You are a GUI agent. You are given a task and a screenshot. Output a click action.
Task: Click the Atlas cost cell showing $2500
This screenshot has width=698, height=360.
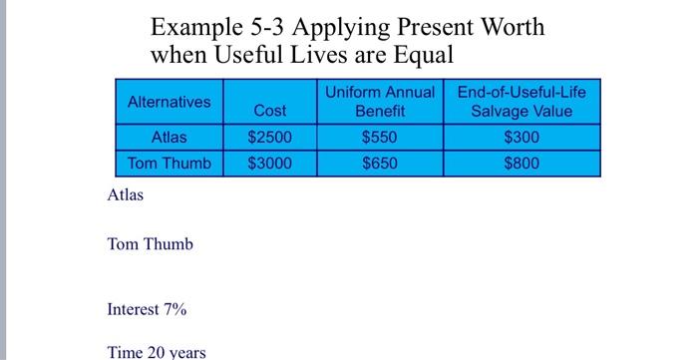point(269,137)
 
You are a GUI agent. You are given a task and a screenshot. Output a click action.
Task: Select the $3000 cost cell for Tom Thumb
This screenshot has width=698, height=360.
point(269,163)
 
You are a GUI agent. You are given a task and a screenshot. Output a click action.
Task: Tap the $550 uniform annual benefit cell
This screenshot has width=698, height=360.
point(379,137)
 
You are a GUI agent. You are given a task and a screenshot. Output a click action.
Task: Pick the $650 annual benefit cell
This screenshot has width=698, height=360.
point(379,163)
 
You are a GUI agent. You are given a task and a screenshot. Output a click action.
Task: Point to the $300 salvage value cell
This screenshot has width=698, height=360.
point(522,137)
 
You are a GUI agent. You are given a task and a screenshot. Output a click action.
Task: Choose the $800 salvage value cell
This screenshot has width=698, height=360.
point(522,163)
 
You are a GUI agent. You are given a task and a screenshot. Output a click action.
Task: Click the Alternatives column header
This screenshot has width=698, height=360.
point(170,102)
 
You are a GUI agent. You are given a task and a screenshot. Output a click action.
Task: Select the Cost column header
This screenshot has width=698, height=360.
point(269,111)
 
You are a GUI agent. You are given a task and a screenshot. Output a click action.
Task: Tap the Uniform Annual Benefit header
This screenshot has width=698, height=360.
point(379,102)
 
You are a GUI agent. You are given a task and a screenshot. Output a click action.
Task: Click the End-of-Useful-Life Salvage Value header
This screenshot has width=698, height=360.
point(522,102)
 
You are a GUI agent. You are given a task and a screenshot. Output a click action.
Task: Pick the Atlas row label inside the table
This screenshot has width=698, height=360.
point(170,137)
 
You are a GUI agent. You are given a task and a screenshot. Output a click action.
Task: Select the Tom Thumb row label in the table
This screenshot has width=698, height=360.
point(170,163)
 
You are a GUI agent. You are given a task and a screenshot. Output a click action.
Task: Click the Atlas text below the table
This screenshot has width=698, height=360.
point(126,194)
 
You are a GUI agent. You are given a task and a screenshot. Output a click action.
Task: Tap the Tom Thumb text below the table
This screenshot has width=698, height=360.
point(150,244)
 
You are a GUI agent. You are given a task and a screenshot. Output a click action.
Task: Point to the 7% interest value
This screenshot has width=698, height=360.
point(175,309)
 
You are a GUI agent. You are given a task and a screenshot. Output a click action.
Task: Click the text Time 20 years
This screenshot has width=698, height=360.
point(156,352)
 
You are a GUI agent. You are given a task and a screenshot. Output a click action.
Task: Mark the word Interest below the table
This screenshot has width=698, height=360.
point(133,309)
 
